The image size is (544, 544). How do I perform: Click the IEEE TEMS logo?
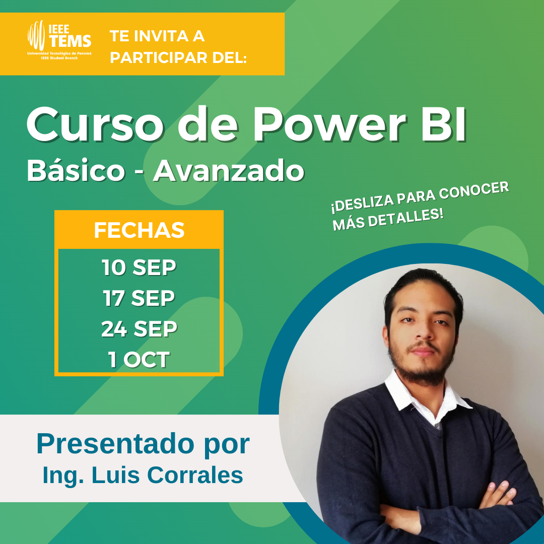[59, 40]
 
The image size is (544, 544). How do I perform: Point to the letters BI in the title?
[444, 124]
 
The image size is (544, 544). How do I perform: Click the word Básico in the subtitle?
[76, 170]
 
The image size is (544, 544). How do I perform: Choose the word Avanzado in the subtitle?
[229, 170]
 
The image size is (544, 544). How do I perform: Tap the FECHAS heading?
[139, 230]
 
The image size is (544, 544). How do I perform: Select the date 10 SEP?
[139, 267]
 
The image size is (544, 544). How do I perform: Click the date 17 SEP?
[139, 298]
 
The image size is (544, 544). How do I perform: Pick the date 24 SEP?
[139, 328]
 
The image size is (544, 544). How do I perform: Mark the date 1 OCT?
[139, 359]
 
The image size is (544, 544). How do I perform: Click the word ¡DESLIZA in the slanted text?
[363, 203]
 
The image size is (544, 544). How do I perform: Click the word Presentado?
[115, 444]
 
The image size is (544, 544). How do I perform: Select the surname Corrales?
[195, 475]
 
